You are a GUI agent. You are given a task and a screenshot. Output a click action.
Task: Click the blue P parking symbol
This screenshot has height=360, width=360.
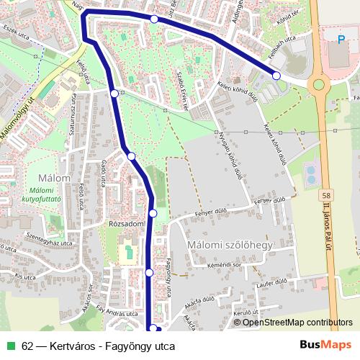click(341, 39)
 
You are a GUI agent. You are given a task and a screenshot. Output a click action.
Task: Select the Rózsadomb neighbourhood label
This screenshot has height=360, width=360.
click(127, 224)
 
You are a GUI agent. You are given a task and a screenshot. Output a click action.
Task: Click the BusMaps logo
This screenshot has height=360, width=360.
click(326, 345)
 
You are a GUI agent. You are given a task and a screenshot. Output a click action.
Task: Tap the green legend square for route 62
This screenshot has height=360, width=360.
click(10, 346)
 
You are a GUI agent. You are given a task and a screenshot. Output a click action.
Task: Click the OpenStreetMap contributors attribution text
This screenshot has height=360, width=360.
click(297, 323)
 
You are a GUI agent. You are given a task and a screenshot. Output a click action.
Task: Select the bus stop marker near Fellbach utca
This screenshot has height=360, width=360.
click(276, 76)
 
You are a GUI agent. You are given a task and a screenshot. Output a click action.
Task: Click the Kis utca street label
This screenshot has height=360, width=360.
click(24, 276)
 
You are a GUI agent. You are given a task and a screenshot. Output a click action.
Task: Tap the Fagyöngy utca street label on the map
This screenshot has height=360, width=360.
click(168, 277)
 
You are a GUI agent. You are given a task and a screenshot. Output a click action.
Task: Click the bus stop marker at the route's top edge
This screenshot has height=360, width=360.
click(154, 19)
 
